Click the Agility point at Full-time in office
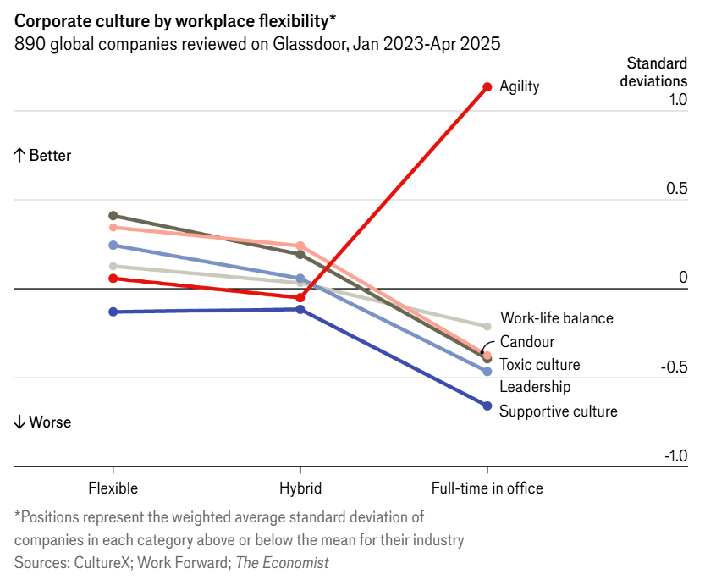click(487, 86)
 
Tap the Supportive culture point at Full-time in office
click(487, 406)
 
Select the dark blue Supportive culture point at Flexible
click(113, 312)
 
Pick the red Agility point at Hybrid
click(300, 297)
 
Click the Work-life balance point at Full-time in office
click(487, 326)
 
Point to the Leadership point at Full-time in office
click(487, 371)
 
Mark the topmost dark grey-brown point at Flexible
click(113, 215)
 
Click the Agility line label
click(519, 86)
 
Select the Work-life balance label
click(556, 318)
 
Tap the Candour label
click(526, 342)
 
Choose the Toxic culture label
click(539, 365)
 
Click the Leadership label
click(535, 387)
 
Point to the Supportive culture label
click(558, 411)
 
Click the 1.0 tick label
click(676, 100)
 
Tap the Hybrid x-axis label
click(300, 488)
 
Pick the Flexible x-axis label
click(113, 488)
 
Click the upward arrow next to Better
click(19, 156)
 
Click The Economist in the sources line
click(282, 562)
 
